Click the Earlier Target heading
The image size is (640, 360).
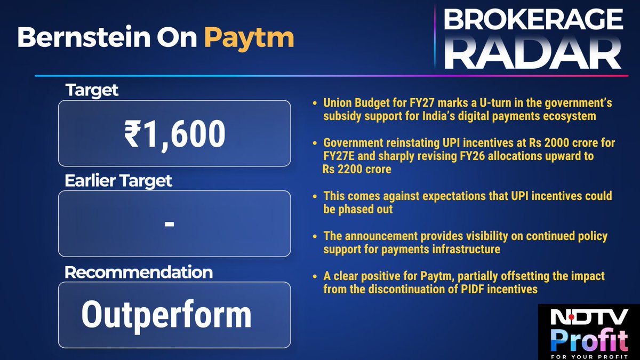point(118,181)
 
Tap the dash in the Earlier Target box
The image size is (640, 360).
point(170,224)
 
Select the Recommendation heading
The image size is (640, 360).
point(139,272)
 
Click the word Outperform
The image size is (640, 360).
point(166,315)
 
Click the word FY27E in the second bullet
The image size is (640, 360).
point(338,156)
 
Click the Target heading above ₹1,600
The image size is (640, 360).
point(92,91)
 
